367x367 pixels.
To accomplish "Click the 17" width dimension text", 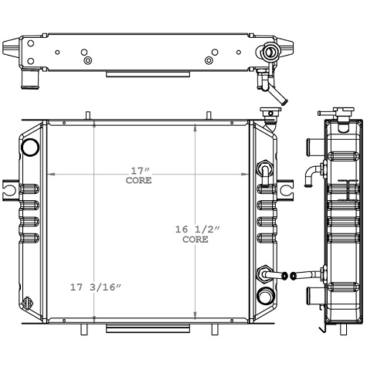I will [x=138, y=171].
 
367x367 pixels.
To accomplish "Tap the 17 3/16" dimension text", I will [x=95, y=287].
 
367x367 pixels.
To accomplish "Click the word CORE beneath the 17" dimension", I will [x=138, y=180].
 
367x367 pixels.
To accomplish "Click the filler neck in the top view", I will [x=269, y=53].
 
